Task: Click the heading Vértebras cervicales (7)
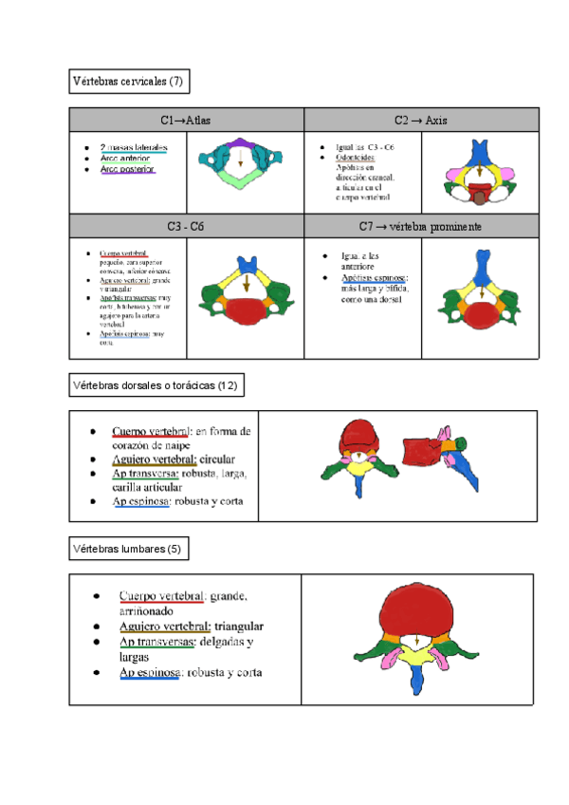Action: pos(128,83)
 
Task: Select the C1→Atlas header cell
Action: pos(186,121)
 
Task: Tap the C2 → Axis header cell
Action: pos(421,121)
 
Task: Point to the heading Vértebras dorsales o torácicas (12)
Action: pos(156,385)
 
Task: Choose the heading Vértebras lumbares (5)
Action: pos(132,549)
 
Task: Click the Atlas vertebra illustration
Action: pos(243,162)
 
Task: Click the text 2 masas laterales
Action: pos(134,147)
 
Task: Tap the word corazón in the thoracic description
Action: pos(133,445)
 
